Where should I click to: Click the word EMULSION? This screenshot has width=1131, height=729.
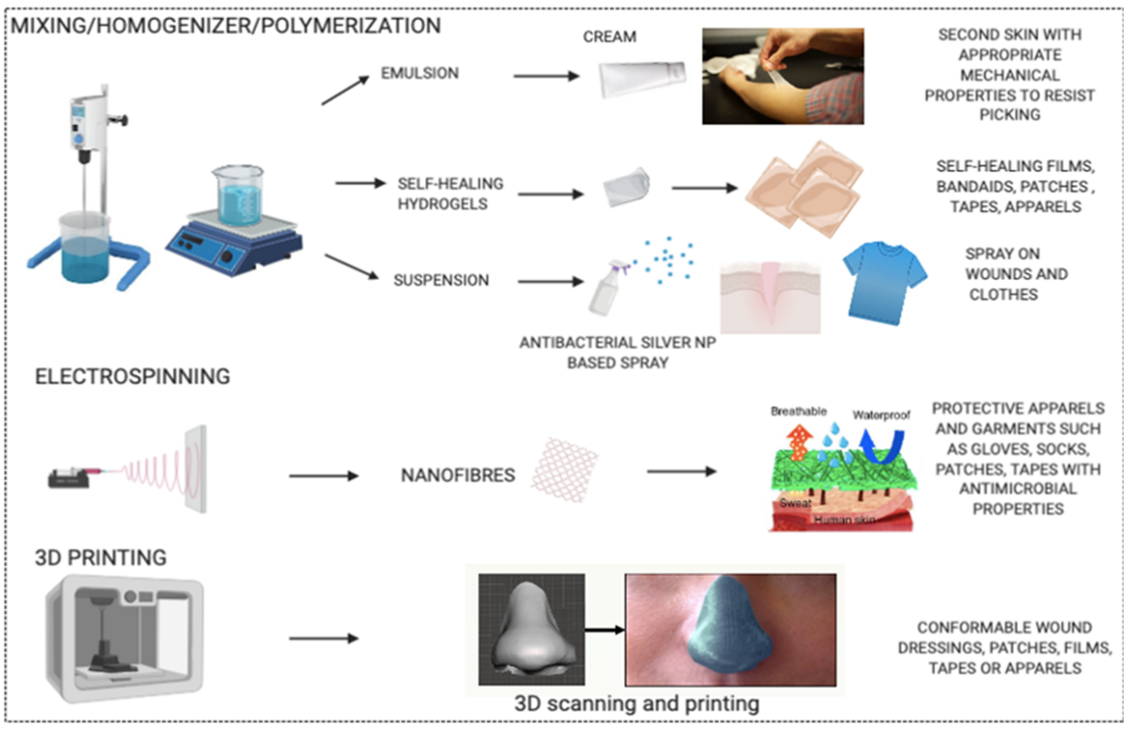pyautogui.click(x=420, y=74)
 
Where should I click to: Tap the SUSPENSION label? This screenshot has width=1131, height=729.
pyautogui.click(x=441, y=280)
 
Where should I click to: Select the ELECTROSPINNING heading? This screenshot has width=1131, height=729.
pyautogui.click(x=133, y=377)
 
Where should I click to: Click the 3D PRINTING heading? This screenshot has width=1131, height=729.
pyautogui.click(x=100, y=558)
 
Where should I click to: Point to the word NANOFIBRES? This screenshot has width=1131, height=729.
pyautogui.click(x=457, y=475)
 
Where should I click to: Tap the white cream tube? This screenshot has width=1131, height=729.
pyautogui.click(x=641, y=79)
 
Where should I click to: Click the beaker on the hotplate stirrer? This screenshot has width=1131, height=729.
pyautogui.click(x=238, y=195)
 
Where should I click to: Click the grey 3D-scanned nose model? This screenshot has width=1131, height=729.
pyautogui.click(x=531, y=630)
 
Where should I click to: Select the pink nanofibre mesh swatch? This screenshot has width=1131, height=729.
pyautogui.click(x=564, y=470)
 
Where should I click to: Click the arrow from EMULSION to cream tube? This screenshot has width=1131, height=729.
pyautogui.click(x=546, y=76)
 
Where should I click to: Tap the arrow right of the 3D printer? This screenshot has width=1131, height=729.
pyautogui.click(x=323, y=638)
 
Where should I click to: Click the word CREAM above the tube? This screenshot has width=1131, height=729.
pyautogui.click(x=610, y=37)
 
